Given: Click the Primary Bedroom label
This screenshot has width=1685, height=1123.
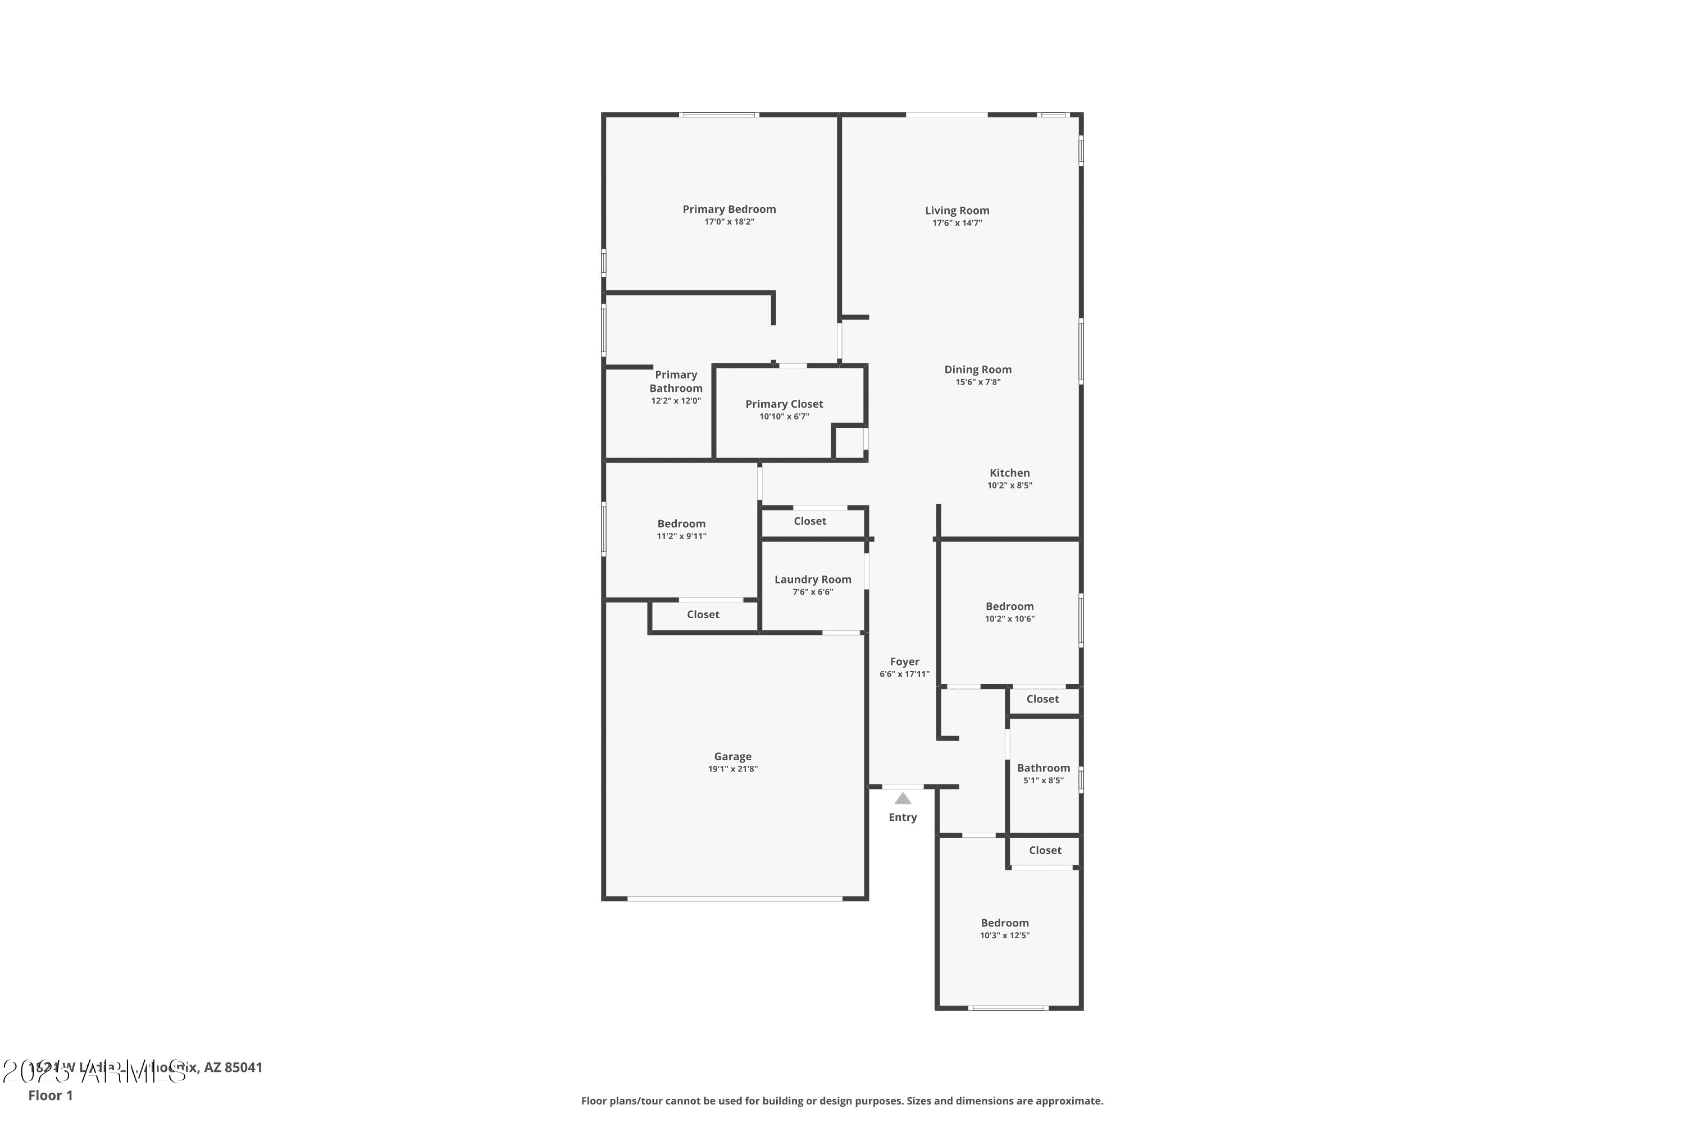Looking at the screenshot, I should click(728, 209).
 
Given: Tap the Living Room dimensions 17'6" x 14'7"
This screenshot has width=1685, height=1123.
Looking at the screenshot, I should click(957, 223).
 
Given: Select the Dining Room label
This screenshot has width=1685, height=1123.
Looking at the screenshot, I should click(977, 369).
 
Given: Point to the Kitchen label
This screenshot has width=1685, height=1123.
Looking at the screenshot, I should click(1009, 473).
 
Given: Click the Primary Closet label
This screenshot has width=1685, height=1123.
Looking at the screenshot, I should click(784, 404).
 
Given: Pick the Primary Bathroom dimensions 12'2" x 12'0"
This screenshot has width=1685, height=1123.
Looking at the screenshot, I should click(676, 401).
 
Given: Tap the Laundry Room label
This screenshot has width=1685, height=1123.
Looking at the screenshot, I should click(812, 579).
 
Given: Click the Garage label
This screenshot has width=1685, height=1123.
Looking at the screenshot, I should click(732, 756).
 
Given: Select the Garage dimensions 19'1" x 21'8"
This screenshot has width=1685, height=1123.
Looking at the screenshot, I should click(732, 769).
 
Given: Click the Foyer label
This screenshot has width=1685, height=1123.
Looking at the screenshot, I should click(904, 662).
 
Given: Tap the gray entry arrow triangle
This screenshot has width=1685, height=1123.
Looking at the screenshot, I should click(903, 798).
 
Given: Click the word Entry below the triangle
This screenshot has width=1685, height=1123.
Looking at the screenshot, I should click(903, 817).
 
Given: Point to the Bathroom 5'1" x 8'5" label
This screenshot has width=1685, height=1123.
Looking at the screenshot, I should click(1043, 768).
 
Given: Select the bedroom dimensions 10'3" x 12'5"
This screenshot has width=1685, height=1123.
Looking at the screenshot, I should click(1004, 935).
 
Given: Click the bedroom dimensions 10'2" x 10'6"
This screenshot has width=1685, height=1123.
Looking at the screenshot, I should click(1009, 619).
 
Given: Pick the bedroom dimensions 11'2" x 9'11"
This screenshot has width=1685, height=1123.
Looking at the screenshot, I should click(681, 536).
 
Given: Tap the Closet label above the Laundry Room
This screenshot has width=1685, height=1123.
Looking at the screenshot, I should click(809, 522).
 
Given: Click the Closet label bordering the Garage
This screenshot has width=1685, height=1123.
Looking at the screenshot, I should click(703, 614).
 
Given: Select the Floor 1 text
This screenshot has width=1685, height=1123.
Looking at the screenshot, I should click(50, 1095).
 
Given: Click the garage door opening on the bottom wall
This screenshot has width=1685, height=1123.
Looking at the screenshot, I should click(734, 898).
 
